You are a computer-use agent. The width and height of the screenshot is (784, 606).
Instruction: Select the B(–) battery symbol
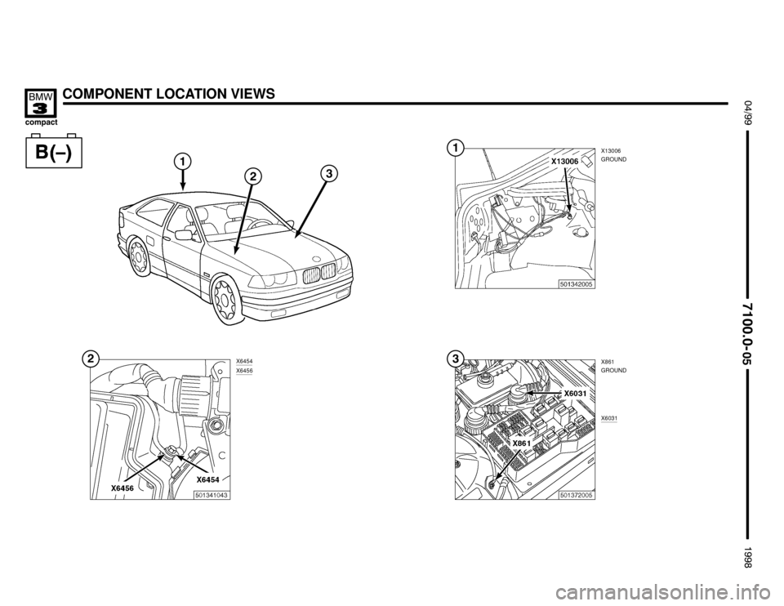(54, 151)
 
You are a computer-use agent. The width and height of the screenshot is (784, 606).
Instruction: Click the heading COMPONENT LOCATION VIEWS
(170, 93)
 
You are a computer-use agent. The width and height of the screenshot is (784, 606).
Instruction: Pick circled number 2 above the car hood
(253, 176)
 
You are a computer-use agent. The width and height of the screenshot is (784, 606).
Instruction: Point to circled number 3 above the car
(329, 173)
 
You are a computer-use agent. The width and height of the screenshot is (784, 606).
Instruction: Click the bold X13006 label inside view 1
(564, 162)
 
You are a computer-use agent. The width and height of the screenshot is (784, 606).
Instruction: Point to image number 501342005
(576, 284)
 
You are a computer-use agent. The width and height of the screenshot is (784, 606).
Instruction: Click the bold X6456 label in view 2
(122, 488)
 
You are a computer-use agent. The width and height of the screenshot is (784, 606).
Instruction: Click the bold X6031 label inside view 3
(576, 394)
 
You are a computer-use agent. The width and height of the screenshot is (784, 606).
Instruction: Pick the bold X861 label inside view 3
(522, 443)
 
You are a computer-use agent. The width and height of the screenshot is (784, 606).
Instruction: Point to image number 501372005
(576, 495)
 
